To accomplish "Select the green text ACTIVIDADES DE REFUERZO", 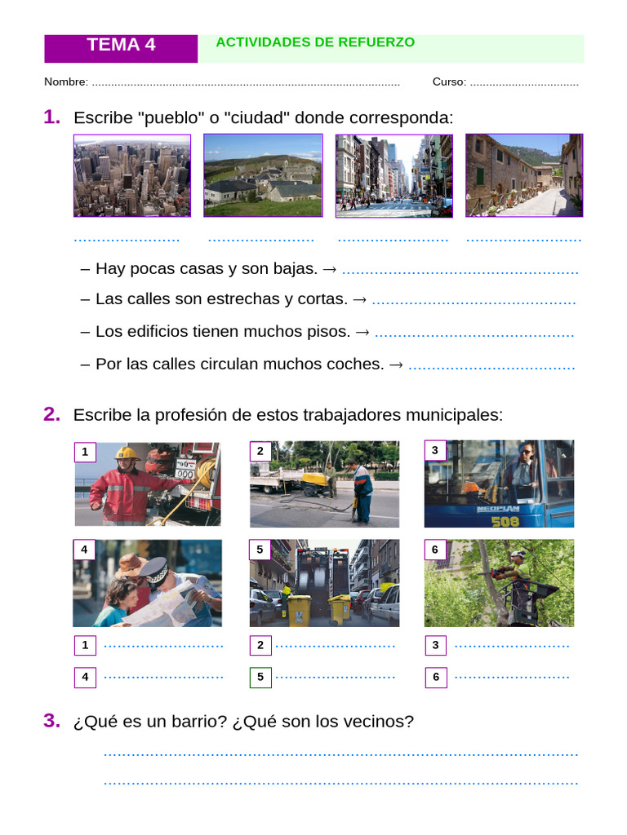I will click(315, 42).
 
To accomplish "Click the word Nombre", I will click(65, 82).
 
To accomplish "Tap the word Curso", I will click(449, 82).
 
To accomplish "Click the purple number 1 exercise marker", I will click(52, 117).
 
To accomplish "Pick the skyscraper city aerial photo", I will click(132, 176).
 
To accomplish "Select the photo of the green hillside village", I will click(263, 176).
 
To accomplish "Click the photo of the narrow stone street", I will click(524, 176).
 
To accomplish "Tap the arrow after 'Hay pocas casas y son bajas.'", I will click(330, 269).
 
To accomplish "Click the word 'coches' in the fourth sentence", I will click(356, 364).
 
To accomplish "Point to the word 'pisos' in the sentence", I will click(330, 332).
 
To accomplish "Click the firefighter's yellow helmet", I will click(127, 453).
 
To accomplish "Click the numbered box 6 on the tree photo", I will click(435, 550).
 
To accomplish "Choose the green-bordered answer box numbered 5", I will click(260, 677).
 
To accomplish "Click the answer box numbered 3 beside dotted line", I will click(436, 646).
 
